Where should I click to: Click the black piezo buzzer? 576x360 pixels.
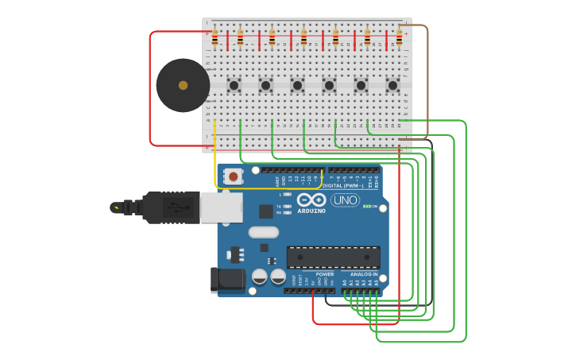point(183,85)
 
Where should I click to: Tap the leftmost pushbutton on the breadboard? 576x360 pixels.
point(234,85)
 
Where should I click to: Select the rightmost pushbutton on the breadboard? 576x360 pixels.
point(392,85)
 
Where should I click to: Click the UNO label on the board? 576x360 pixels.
point(346,200)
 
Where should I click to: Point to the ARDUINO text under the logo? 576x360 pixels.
point(311,211)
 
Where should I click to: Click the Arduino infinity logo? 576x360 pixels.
point(311,199)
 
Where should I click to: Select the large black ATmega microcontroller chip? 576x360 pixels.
point(333,257)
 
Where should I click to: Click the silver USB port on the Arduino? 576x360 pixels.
point(221,207)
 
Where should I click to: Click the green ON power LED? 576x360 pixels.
point(366,207)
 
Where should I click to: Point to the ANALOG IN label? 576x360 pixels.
point(364,274)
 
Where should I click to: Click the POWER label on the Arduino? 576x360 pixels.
point(325,274)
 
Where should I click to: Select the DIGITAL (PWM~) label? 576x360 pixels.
point(343,185)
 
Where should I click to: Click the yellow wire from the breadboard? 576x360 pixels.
point(215,159)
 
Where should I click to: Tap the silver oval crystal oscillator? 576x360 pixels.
point(264,232)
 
